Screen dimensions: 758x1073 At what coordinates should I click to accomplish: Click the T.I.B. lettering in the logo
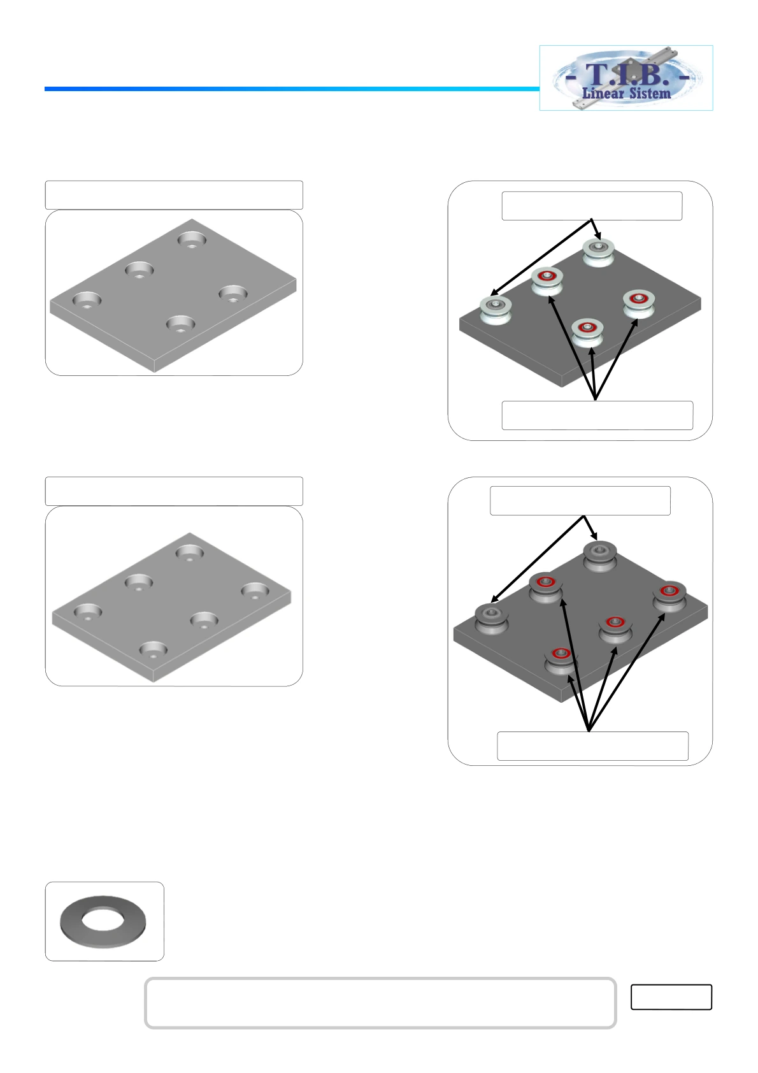coord(627,75)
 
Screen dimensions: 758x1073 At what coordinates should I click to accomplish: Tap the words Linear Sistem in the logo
coord(626,93)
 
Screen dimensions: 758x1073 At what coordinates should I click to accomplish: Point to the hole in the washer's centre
coord(103,920)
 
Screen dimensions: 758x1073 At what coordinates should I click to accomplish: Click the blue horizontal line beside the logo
coord(292,89)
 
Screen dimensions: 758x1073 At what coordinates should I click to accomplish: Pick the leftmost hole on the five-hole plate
coord(87,300)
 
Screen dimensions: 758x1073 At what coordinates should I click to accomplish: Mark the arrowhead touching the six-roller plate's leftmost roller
coord(495,599)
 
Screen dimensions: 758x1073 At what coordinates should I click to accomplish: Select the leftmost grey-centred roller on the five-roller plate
coord(496,310)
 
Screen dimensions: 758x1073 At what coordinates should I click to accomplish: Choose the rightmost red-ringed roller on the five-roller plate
coord(639,304)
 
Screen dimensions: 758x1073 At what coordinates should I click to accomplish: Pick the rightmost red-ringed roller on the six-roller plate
coord(669,596)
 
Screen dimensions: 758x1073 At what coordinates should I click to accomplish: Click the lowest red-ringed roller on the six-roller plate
coord(561,661)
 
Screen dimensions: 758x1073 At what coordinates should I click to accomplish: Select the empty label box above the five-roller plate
coord(592,206)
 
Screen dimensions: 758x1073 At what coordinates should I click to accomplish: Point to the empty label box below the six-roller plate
coord(593,746)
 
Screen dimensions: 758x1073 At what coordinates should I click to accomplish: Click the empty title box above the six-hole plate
coord(174,491)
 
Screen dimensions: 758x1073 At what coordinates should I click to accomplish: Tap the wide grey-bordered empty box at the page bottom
coord(380,1002)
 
